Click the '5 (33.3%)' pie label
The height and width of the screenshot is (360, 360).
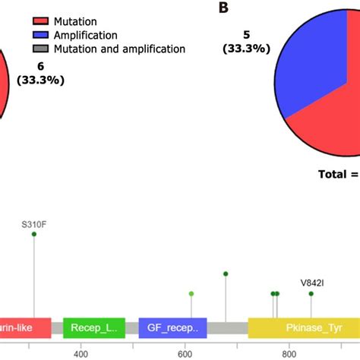(245, 40)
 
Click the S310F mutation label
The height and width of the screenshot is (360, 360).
(34, 224)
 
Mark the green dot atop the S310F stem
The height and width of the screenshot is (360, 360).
(34, 235)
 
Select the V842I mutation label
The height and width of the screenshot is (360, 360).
(311, 283)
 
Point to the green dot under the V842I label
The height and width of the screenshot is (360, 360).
(311, 293)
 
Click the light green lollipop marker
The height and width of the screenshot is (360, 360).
(191, 293)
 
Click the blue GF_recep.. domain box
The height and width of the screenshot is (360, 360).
(172, 328)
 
